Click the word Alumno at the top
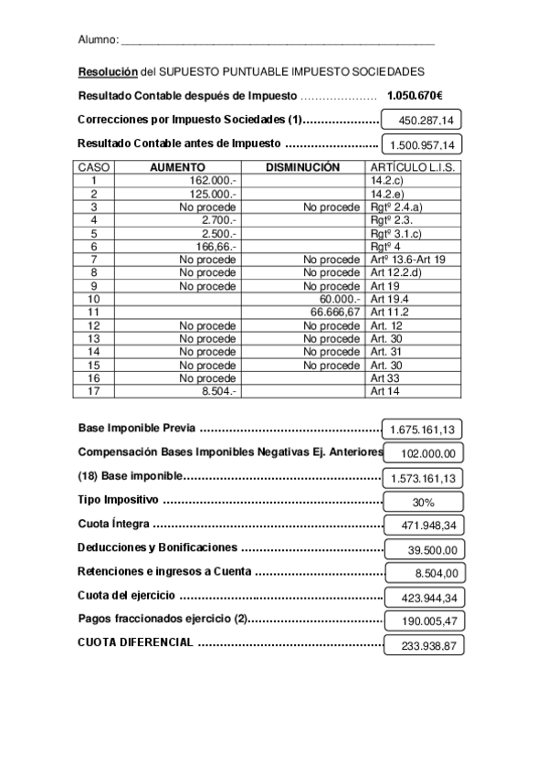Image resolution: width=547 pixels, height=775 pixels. tap(97, 40)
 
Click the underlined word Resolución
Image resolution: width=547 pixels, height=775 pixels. tap(107, 71)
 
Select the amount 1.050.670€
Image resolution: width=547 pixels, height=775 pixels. tap(414, 95)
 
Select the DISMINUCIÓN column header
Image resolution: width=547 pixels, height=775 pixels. tap(302, 167)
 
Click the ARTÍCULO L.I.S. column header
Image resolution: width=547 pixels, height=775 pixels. tap(412, 167)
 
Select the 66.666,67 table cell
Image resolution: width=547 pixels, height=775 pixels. tap(335, 313)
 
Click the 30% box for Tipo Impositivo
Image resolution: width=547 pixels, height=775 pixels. tap(423, 502)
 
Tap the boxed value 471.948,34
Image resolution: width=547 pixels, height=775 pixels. tap(423, 526)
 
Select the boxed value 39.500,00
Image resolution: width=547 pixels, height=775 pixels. tap(426, 549)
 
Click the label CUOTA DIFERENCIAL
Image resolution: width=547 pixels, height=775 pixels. tap(135, 642)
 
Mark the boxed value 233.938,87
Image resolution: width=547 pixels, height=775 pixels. tap(426, 645)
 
